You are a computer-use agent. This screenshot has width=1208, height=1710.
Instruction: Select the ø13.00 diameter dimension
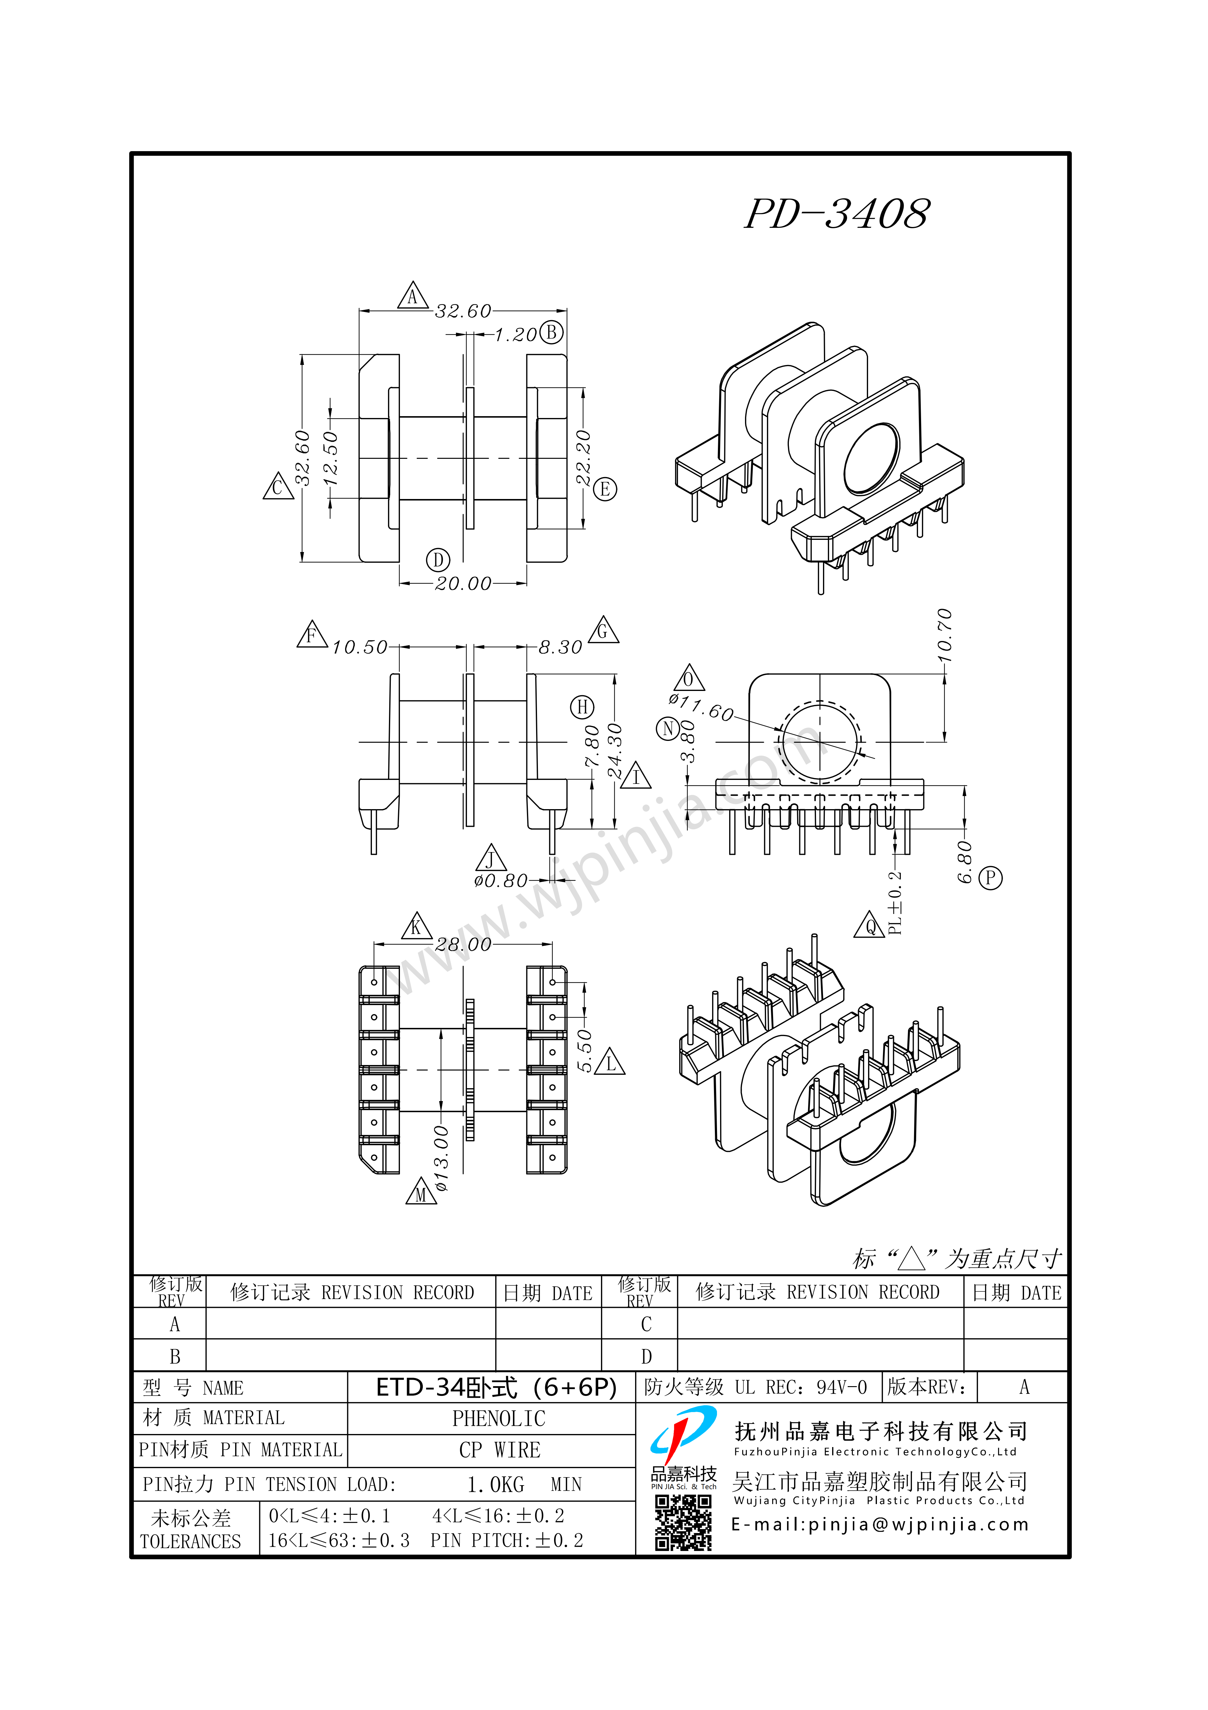click(441, 1159)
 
